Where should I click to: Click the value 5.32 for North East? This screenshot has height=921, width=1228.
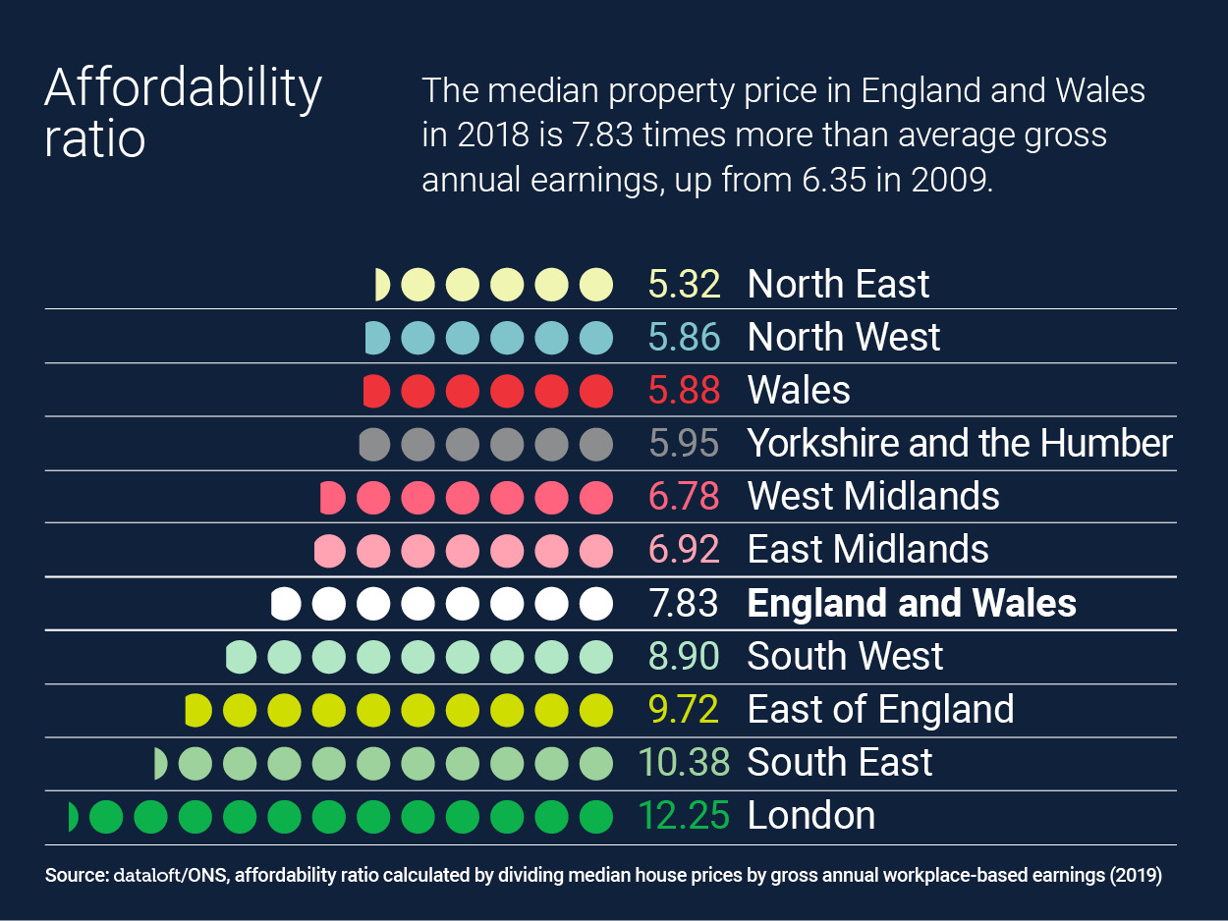[684, 285]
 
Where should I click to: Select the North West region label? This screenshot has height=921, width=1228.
[843, 338]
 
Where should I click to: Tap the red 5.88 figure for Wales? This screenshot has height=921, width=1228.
[684, 391]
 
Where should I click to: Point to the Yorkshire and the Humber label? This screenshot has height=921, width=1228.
[959, 444]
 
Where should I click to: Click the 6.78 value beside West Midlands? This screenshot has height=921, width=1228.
[684, 497]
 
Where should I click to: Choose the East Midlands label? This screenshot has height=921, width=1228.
[867, 550]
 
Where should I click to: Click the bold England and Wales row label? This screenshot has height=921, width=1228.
[911, 603]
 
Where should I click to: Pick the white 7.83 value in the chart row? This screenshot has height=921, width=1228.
[684, 603]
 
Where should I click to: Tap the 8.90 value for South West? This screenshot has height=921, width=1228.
[684, 656]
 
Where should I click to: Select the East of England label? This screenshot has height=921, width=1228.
[880, 709]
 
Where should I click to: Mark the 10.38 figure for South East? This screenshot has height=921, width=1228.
[684, 762]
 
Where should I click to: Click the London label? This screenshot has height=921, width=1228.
[810, 816]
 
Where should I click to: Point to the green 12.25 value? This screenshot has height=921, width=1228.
[684, 816]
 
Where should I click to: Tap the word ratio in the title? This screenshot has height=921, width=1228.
[94, 138]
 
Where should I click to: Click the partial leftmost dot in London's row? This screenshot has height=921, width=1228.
[72, 816]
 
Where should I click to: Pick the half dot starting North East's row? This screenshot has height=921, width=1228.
[382, 285]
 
